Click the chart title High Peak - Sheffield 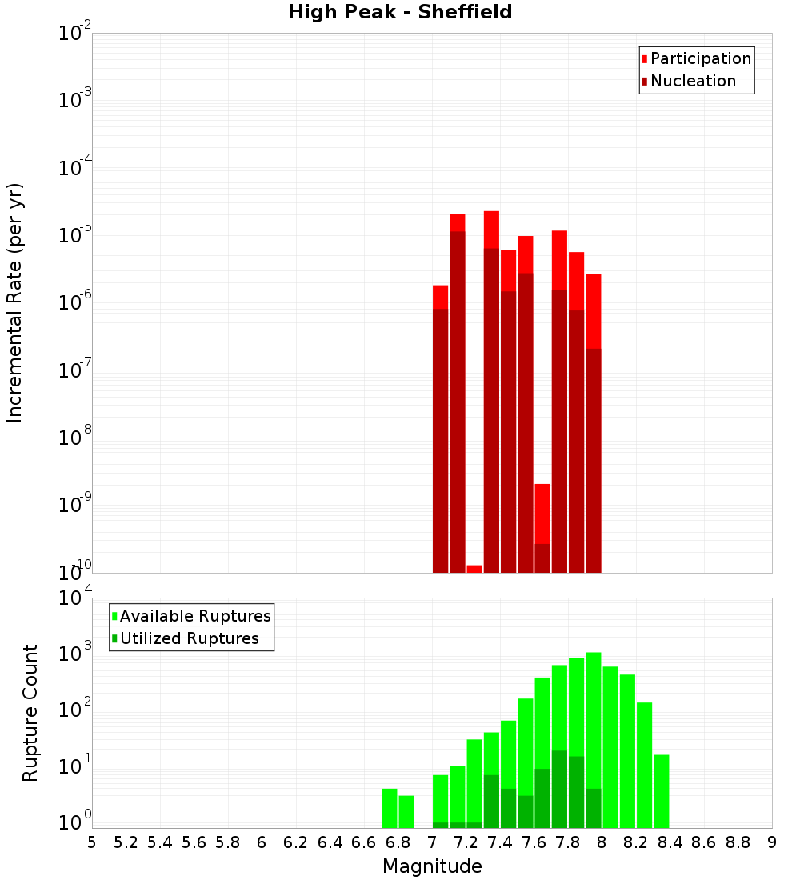[400, 12]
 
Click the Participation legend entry [700, 58]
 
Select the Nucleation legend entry [692, 81]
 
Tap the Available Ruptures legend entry [194, 616]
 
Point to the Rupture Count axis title [30, 712]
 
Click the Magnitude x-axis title [432, 866]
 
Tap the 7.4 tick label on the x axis [500, 842]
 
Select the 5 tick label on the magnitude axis [92, 842]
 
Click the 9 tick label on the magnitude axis [772, 842]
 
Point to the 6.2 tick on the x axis [296, 842]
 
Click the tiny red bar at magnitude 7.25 [474, 569]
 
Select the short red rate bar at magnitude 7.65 [542, 512]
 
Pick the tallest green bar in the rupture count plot [594, 736]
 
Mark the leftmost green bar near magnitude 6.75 [390, 808]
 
